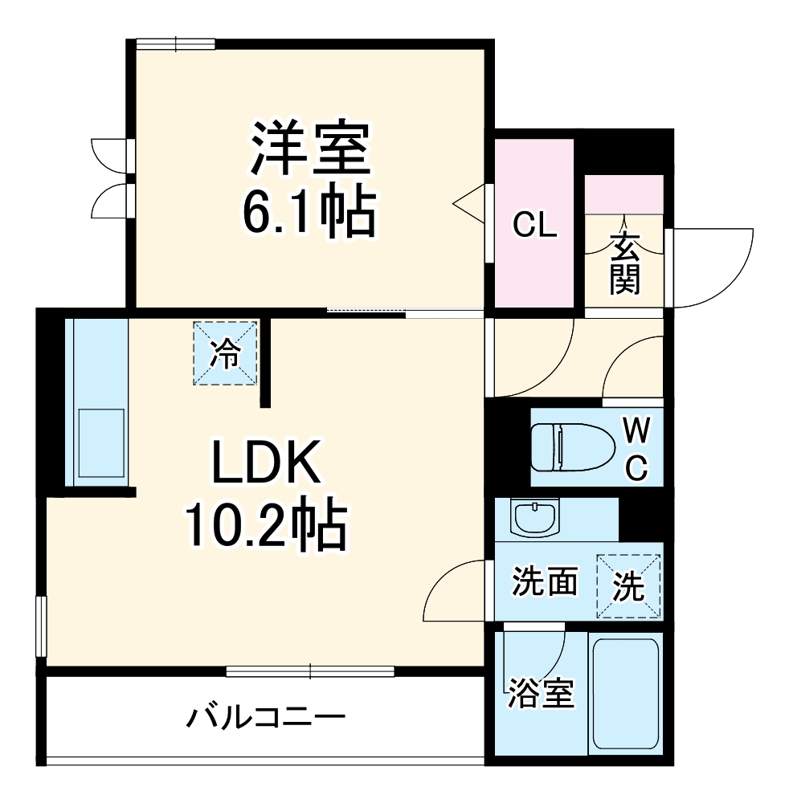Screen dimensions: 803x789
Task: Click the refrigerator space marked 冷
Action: click(225, 353)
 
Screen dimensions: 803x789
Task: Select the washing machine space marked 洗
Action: click(630, 586)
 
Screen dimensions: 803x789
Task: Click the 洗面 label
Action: click(546, 581)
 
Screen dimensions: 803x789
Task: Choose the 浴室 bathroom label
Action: click(541, 693)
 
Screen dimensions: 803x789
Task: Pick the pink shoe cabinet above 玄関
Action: click(623, 194)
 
